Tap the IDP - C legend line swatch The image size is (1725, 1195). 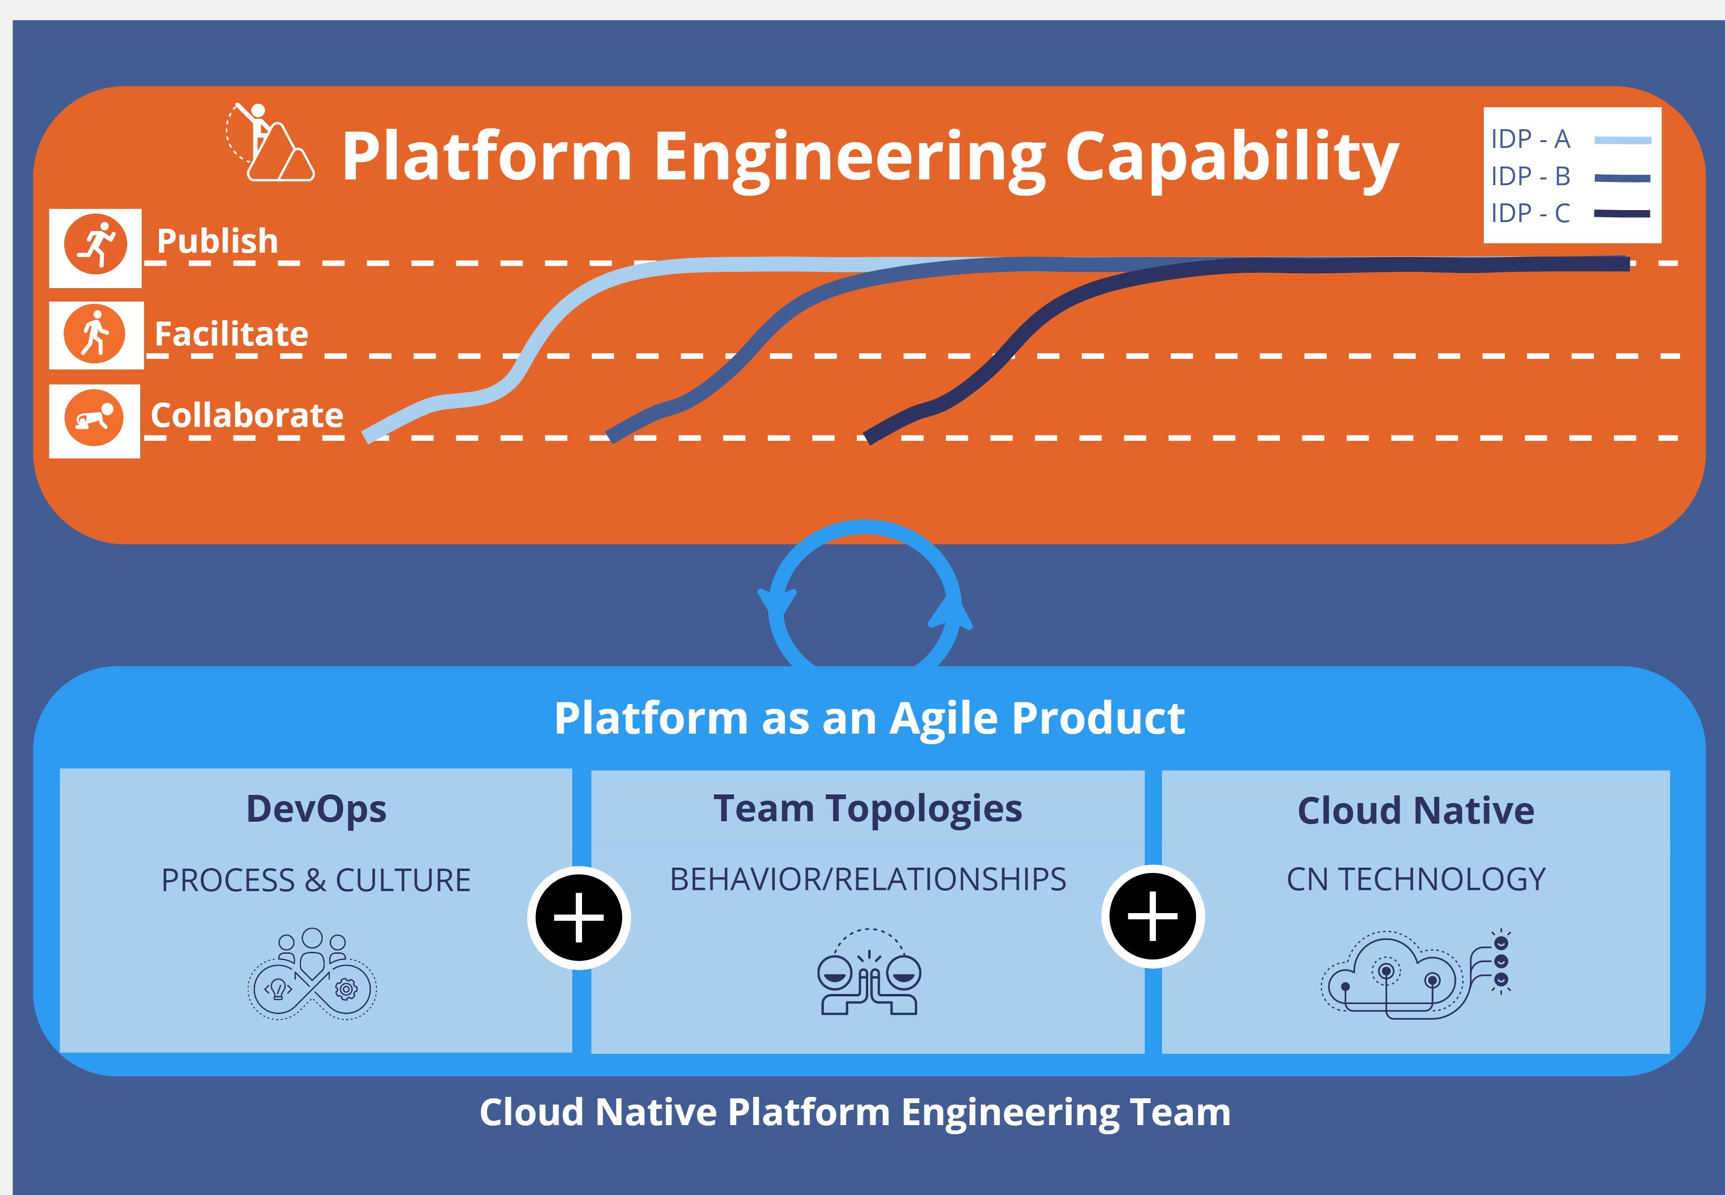[x=1622, y=213]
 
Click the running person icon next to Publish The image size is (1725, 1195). [x=96, y=245]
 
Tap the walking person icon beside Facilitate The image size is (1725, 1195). [x=95, y=334]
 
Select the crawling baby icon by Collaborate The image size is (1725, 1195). [x=94, y=418]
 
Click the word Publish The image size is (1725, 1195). [x=217, y=241]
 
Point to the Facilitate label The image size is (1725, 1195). [x=231, y=334]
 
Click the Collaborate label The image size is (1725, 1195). [x=247, y=415]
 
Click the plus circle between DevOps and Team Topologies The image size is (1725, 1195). [x=579, y=917]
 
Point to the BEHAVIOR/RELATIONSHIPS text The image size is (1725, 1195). [x=868, y=880]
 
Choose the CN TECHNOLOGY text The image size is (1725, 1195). [x=1416, y=880]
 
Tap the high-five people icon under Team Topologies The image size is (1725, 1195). [x=869, y=973]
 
